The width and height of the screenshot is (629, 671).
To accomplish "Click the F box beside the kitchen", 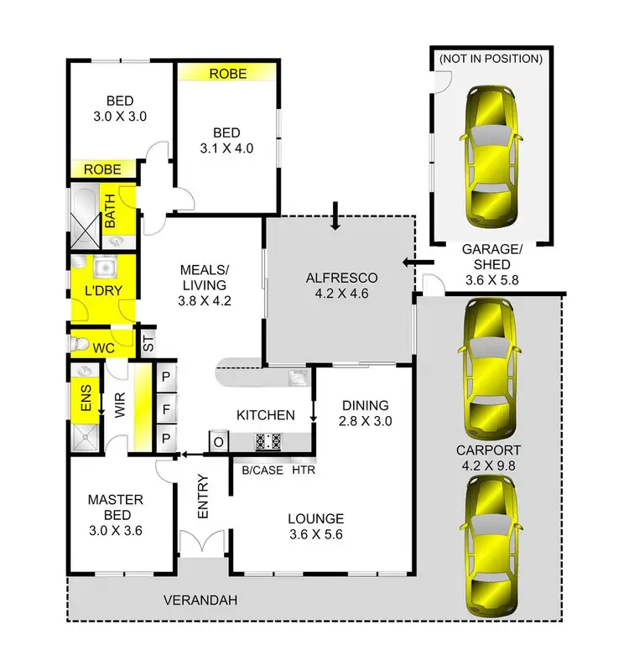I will click(x=165, y=410).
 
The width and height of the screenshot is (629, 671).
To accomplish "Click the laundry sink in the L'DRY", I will click(x=105, y=268).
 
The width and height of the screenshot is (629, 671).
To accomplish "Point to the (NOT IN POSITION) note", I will click(x=491, y=60).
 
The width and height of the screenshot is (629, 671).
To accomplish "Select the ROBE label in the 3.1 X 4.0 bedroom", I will click(x=228, y=74).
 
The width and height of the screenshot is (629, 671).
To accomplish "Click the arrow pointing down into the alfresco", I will click(x=335, y=215).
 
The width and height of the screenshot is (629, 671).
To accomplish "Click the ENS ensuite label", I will click(x=84, y=401).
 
